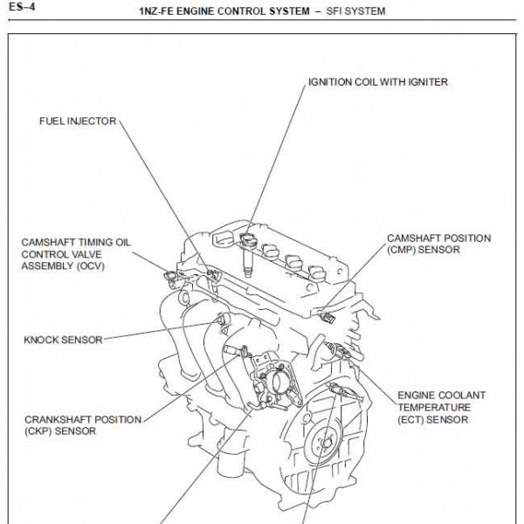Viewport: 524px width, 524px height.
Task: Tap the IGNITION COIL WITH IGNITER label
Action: [x=377, y=83]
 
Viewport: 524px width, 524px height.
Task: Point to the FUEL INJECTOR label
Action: [x=78, y=121]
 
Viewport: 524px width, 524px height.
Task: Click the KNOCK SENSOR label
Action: [x=64, y=338]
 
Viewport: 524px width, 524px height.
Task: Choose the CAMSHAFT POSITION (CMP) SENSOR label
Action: [x=439, y=244]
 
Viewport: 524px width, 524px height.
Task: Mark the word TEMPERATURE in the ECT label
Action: [x=434, y=407]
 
